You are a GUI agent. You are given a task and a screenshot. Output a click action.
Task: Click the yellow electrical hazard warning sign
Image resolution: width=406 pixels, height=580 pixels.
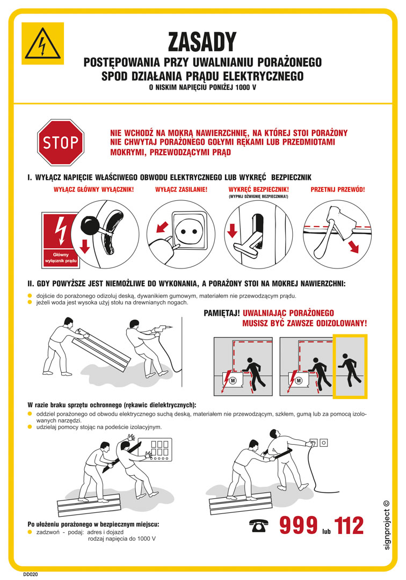pyautogui.click(x=42, y=44)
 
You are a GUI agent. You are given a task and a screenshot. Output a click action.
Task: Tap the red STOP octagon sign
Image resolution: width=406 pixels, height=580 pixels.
pyautogui.click(x=61, y=142)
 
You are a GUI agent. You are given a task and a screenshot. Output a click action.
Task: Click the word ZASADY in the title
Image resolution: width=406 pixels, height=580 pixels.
pyautogui.click(x=202, y=41)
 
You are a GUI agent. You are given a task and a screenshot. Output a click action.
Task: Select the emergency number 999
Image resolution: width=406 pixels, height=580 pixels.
pyautogui.click(x=298, y=526)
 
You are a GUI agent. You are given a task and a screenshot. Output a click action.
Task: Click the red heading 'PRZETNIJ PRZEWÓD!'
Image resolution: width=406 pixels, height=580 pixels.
pyautogui.click(x=338, y=190)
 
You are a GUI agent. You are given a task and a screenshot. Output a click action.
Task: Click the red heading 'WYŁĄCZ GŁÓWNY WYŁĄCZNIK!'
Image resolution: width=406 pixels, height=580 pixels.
pyautogui.click(x=93, y=190)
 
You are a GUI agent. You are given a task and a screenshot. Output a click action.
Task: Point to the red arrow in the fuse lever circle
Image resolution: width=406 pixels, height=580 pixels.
pyautogui.click(x=232, y=230)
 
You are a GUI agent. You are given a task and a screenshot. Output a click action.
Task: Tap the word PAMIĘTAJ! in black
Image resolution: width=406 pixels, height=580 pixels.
pyautogui.click(x=221, y=313)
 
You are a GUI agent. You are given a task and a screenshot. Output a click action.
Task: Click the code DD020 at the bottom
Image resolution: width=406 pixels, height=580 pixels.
pyautogui.click(x=31, y=574)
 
